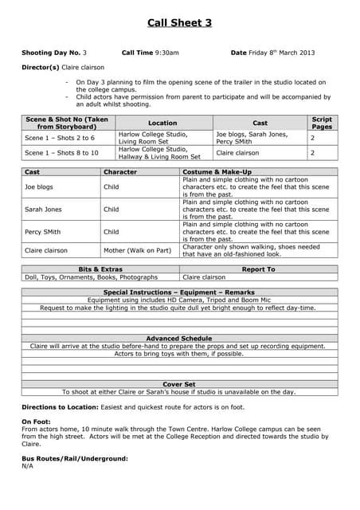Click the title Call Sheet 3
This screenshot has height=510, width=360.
pyautogui.click(x=179, y=23)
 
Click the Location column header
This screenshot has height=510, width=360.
pyautogui.click(x=162, y=123)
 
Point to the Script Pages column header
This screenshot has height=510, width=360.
pyautogui.click(x=322, y=123)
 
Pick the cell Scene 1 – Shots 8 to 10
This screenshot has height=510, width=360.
pyautogui.click(x=61, y=152)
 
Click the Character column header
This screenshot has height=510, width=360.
pyautogui.click(x=120, y=172)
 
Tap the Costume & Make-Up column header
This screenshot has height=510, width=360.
pyautogui.click(x=217, y=172)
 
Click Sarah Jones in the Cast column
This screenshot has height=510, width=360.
pyautogui.click(x=45, y=210)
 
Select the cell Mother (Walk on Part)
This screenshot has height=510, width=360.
pyautogui.click(x=138, y=250)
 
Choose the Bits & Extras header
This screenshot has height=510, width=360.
pyautogui.click(x=101, y=269)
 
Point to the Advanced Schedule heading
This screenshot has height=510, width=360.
pyautogui.click(x=179, y=339)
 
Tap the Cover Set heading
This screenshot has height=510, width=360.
pyautogui.click(x=179, y=384)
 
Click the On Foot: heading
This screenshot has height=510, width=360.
pyautogui.click(x=37, y=421)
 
